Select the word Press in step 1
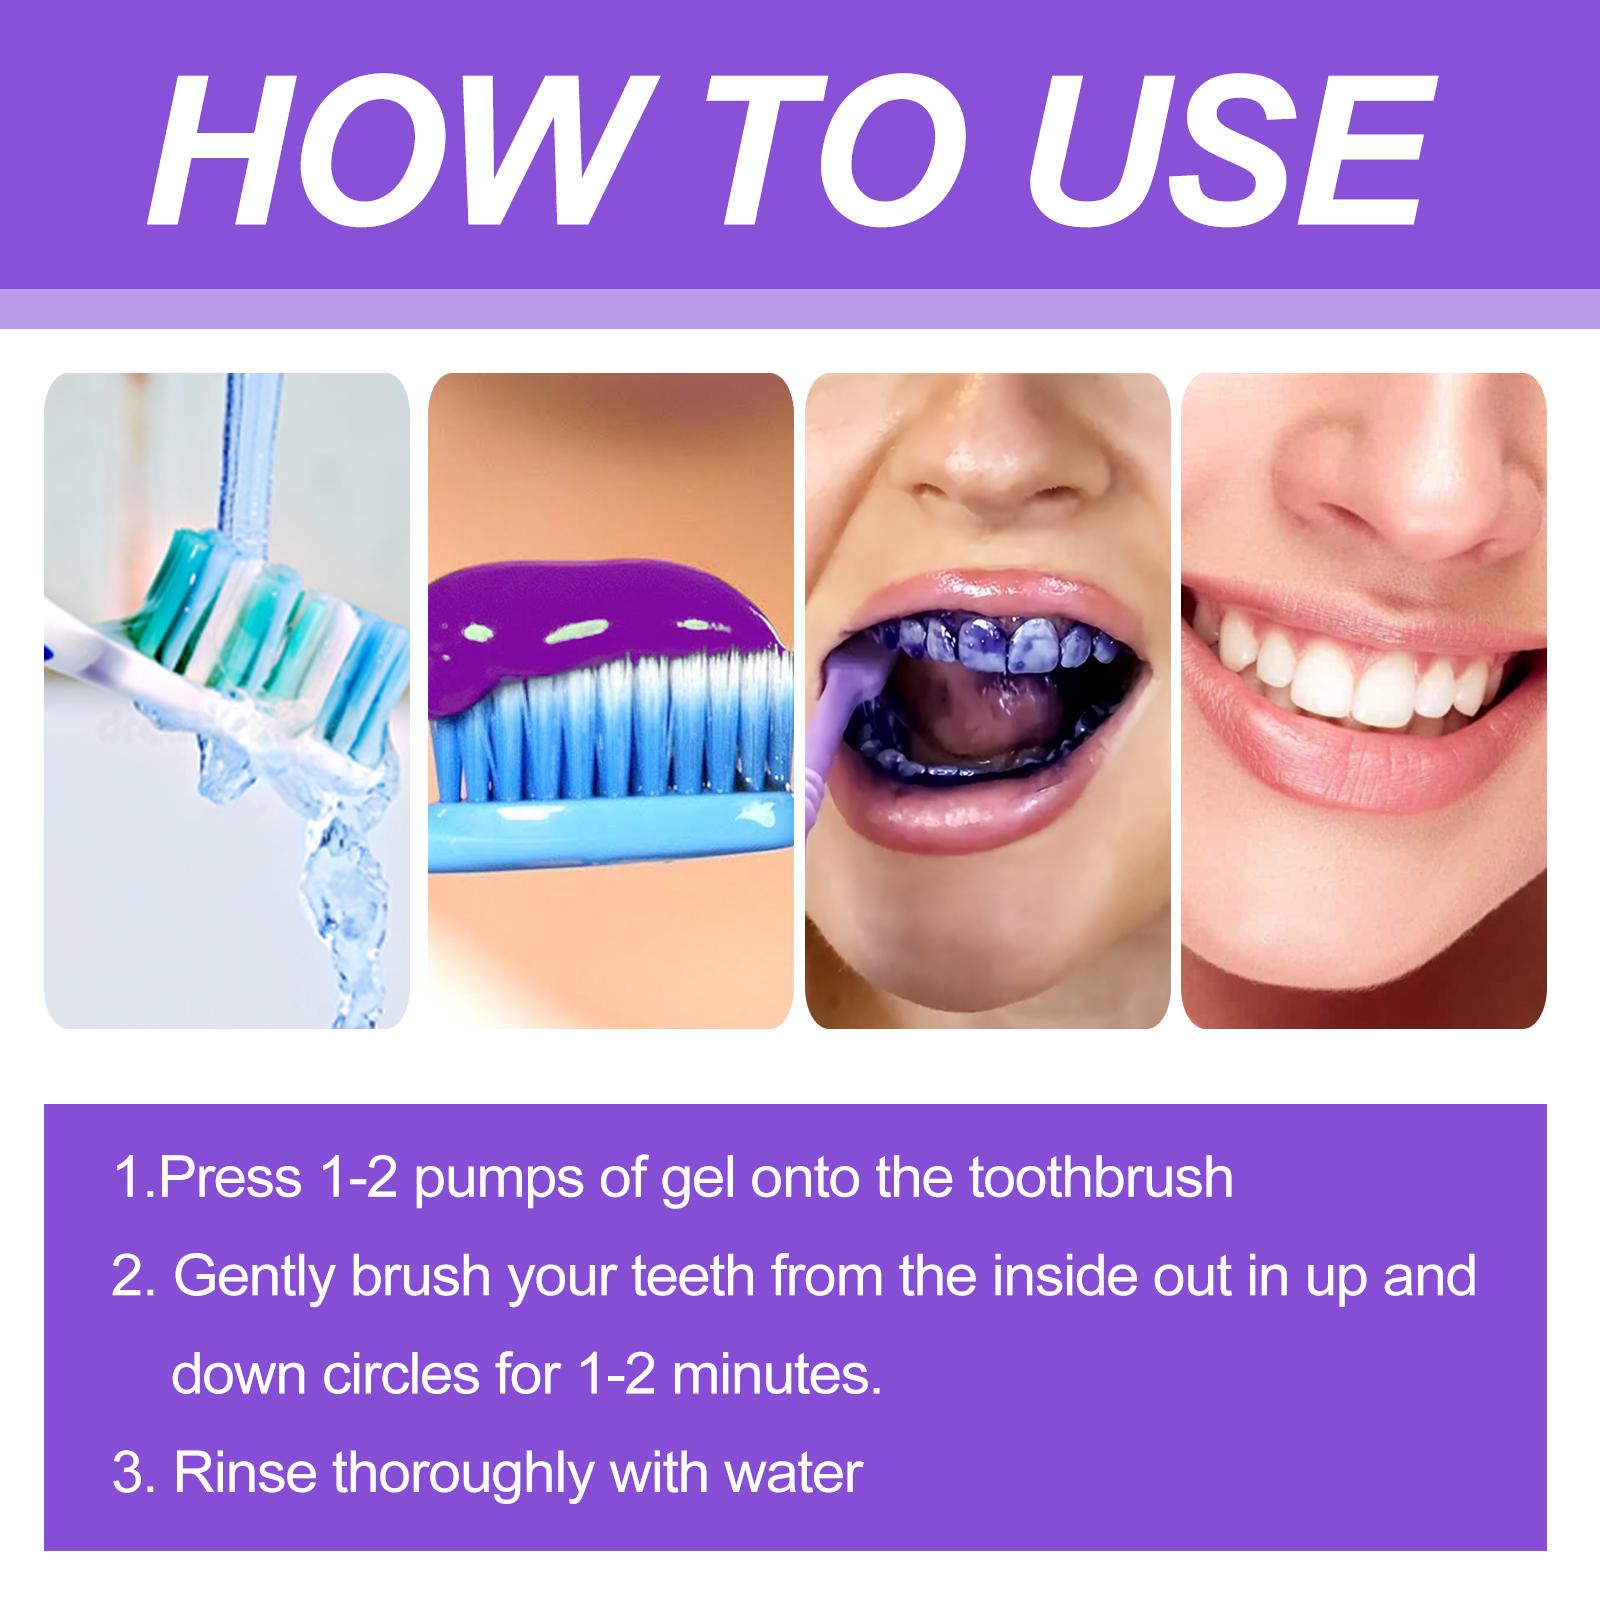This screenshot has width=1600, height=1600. click(229, 1178)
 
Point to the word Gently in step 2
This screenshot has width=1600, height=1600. click(259, 1278)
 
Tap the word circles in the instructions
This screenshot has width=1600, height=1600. click(400, 1375)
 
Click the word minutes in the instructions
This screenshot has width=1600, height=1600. click(775, 1375)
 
